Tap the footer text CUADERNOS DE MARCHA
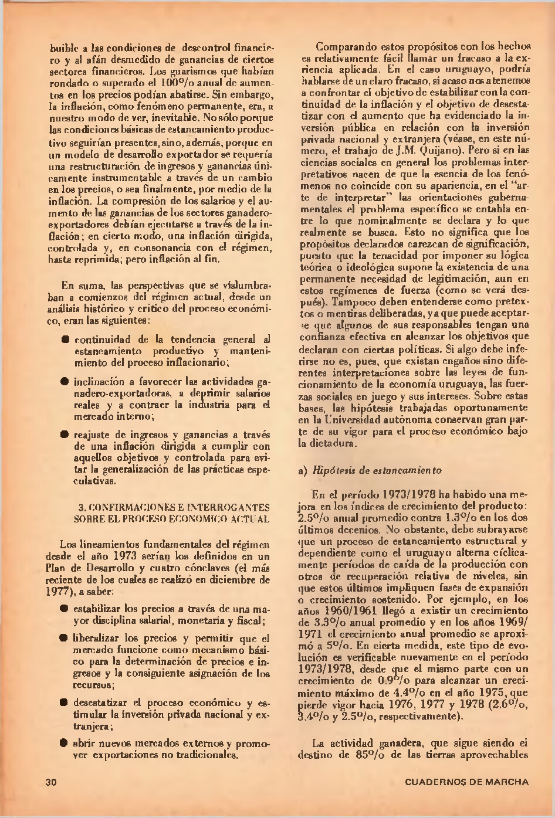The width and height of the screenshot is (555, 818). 466,782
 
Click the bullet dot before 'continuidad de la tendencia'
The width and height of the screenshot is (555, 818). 66,339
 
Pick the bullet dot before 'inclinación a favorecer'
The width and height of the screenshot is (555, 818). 66,381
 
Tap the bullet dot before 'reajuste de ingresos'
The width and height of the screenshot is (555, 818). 66,435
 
